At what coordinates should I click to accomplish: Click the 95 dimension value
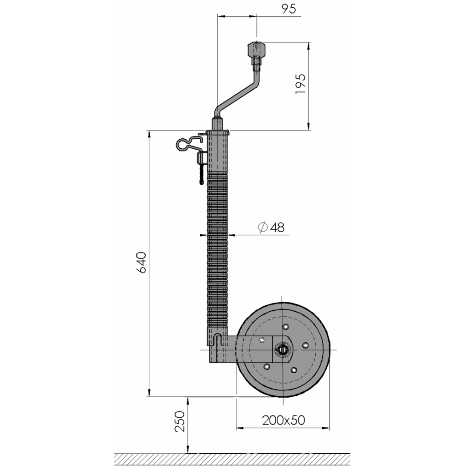289,9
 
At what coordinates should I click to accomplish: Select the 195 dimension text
300,84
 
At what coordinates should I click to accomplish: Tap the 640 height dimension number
142,263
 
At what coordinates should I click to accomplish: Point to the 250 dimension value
180,421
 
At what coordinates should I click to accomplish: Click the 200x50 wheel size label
284,420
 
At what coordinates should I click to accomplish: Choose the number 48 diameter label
278,228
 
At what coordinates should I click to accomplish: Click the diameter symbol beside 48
263,228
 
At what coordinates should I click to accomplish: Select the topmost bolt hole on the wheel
286,327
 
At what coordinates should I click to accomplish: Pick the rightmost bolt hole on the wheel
305,345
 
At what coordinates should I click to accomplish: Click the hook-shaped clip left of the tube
190,144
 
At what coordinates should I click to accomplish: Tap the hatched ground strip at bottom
232,459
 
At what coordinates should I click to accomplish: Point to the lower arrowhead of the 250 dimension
188,449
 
